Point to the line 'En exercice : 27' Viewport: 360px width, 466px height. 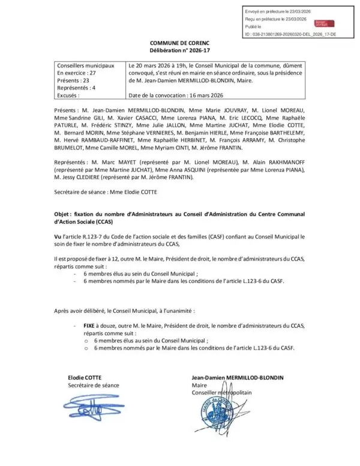click(x=76, y=71)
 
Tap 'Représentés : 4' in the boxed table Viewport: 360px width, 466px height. click(x=77, y=86)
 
